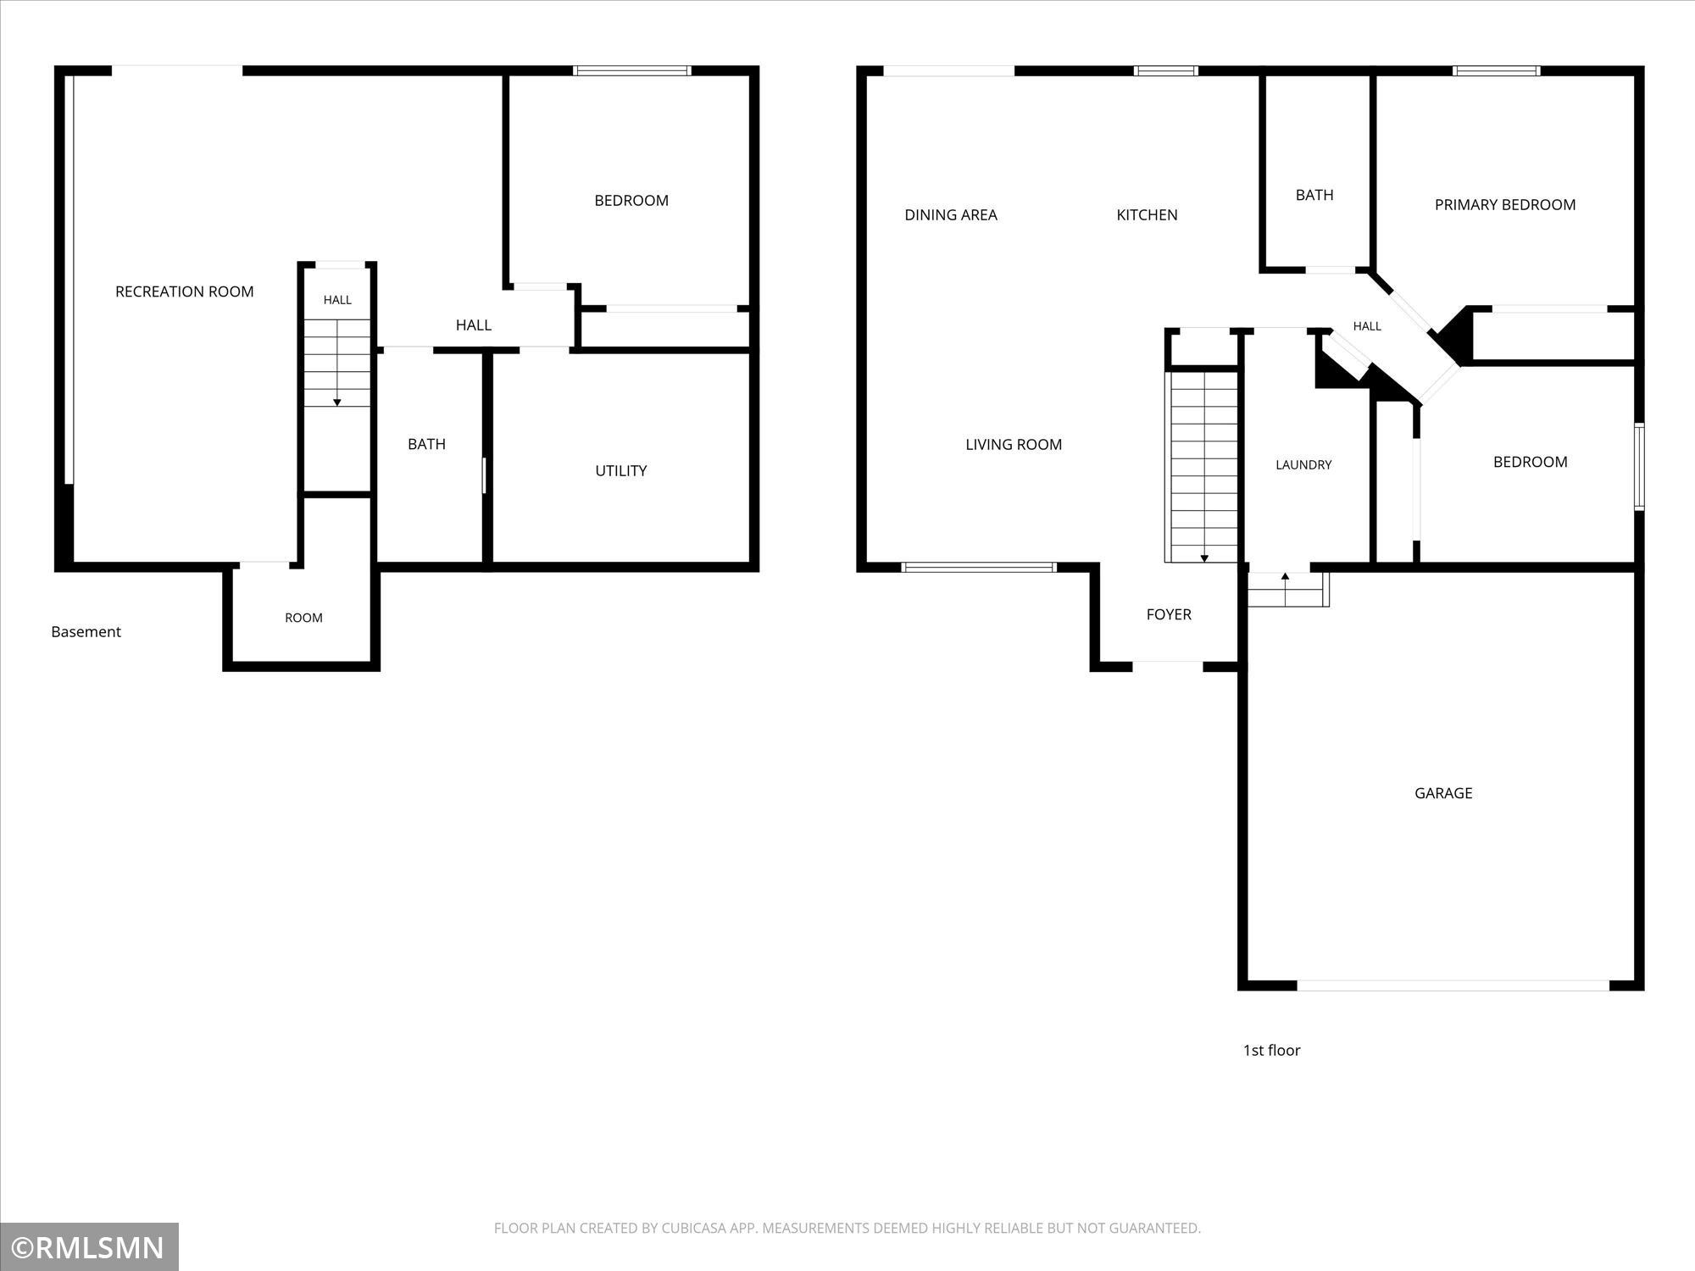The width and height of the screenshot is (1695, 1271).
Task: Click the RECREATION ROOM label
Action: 184,291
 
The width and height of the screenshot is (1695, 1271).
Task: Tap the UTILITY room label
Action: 620,471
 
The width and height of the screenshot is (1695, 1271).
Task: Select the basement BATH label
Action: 426,444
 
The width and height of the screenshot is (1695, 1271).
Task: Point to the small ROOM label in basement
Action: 303,618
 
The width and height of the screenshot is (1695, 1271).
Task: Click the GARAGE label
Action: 1443,793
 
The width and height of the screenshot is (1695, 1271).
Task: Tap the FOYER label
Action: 1169,614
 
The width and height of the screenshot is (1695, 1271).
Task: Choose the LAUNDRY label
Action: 1303,464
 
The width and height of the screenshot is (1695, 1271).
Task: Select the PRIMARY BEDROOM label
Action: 1505,204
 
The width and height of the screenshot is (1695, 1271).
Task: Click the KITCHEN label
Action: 1147,215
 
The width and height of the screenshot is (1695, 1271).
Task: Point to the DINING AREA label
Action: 951,215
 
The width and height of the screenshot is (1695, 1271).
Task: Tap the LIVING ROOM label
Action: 1014,444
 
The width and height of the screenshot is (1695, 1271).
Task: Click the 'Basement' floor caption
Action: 86,632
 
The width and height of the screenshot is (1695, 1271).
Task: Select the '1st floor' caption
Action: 1271,1050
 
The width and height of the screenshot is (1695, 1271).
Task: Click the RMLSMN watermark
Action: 89,1248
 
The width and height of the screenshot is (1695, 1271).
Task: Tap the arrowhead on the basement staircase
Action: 337,402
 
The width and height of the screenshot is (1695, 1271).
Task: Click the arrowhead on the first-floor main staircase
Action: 1204,558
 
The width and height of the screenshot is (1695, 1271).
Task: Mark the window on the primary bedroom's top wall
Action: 1497,71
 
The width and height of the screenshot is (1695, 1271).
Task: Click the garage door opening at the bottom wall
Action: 1453,985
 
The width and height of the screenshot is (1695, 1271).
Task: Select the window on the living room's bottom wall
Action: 980,567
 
